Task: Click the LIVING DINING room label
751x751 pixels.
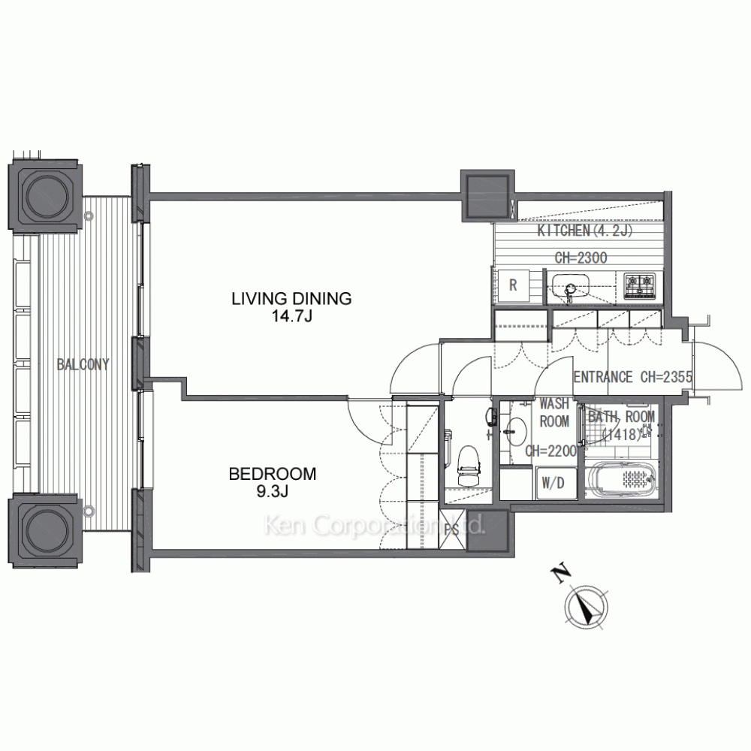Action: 291,298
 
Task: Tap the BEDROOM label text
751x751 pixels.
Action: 273,474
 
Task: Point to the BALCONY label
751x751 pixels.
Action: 83,364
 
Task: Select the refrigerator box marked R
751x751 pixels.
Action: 514,285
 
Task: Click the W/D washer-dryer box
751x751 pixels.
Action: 553,483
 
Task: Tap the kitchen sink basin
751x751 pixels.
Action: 570,287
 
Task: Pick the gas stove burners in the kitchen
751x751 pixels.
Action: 639,285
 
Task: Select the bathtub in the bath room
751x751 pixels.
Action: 621,479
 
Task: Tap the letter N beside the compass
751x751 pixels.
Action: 559,575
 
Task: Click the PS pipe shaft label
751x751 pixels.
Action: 451,530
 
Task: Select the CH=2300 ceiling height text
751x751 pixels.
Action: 581,258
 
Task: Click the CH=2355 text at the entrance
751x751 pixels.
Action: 666,378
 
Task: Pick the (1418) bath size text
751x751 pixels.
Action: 622,434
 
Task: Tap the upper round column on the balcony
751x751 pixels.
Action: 45,196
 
